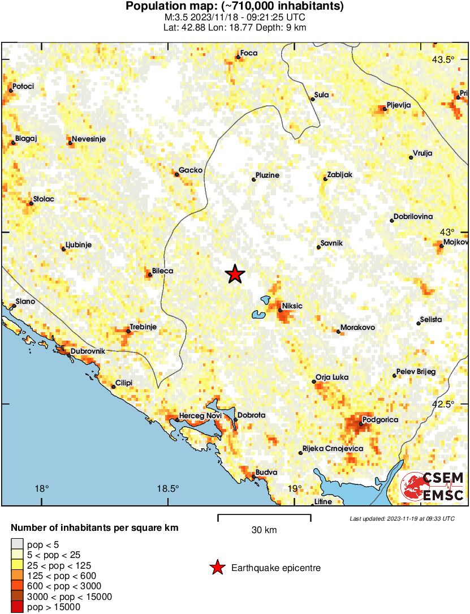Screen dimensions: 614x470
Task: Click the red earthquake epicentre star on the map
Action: tap(235, 274)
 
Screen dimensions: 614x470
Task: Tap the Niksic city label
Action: tap(292, 306)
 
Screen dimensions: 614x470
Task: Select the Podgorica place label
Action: tap(381, 420)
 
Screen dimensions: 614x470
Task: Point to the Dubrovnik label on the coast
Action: tap(88, 351)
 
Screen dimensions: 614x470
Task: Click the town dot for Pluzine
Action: tap(253, 180)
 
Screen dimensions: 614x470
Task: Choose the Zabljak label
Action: tap(339, 175)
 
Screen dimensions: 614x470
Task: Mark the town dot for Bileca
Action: tap(150, 275)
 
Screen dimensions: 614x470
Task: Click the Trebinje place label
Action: tap(143, 327)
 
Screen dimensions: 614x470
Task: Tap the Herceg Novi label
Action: tap(200, 417)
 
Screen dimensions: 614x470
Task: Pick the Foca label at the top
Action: tap(249, 53)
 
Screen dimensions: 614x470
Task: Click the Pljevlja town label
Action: tap(399, 105)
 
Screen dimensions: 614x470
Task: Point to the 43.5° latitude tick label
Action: tap(443, 60)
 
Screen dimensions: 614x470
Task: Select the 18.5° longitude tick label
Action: tap(168, 489)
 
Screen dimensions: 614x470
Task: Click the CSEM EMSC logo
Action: tap(433, 487)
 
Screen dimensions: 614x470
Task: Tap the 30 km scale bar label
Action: tap(264, 530)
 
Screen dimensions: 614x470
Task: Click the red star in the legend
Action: tap(217, 568)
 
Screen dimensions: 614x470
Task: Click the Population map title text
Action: tap(235, 7)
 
